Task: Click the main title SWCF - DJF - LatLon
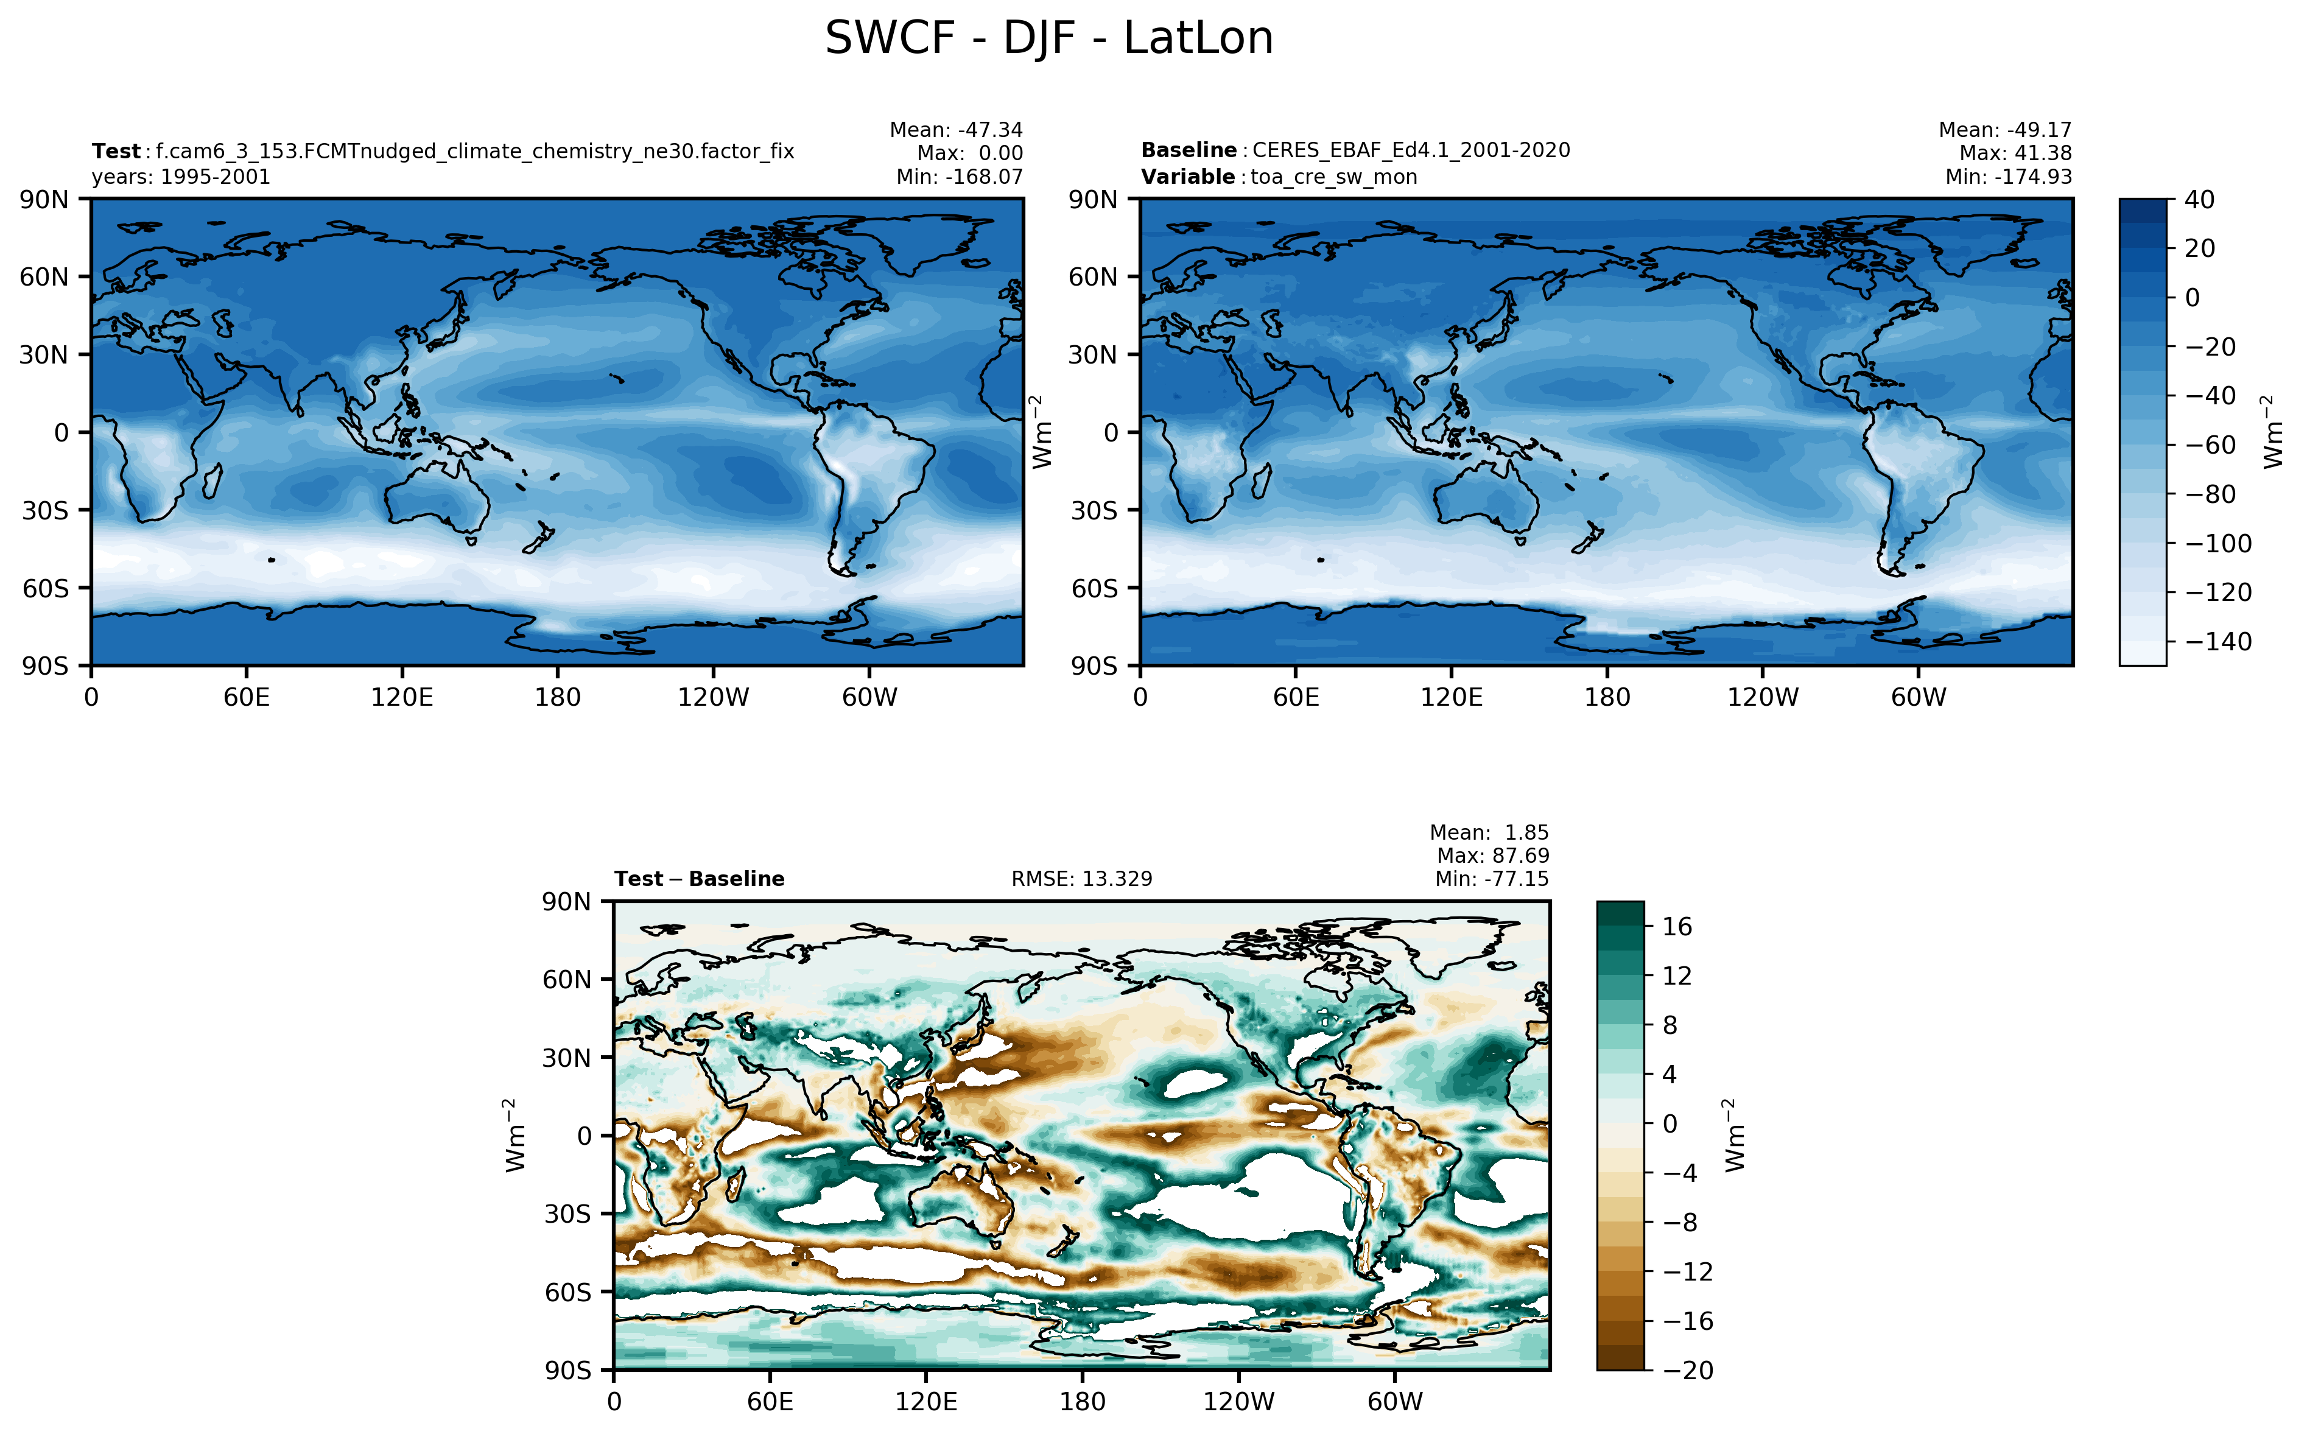tap(1048, 40)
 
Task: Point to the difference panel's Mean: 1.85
tap(1489, 833)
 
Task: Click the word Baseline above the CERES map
tap(1188, 151)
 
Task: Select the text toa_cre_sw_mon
tap(1333, 177)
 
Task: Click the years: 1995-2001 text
tap(180, 177)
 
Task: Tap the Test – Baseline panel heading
tap(699, 879)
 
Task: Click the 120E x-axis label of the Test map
tap(401, 698)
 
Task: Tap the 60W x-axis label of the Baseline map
tap(1917, 698)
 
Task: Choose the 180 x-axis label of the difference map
tap(1082, 1402)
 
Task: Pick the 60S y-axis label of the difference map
tap(567, 1293)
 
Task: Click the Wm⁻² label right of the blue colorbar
tap(2272, 432)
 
